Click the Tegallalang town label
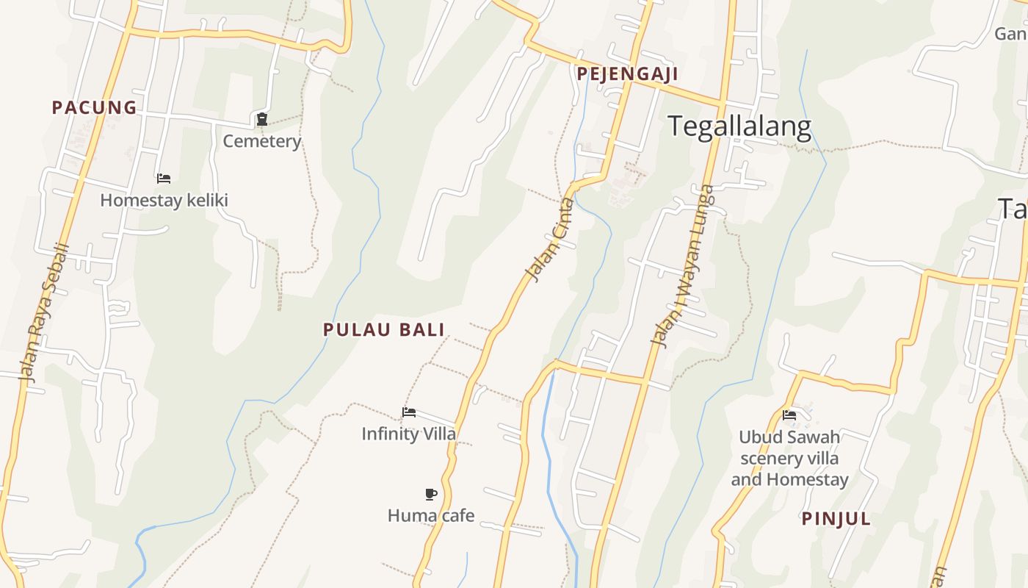click(x=739, y=126)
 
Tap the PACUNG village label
click(x=94, y=107)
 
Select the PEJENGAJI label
click(x=627, y=73)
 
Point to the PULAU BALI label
click(x=384, y=329)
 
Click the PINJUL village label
click(x=836, y=519)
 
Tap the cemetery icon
click(x=261, y=119)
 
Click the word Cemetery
click(x=262, y=141)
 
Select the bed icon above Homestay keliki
click(x=164, y=179)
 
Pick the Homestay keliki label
click(x=164, y=200)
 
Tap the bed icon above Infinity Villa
click(x=409, y=412)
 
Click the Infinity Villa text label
click(x=408, y=434)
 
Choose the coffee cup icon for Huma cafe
click(x=431, y=494)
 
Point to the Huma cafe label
click(x=431, y=515)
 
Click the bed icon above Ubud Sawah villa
click(x=789, y=415)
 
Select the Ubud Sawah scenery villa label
click(x=789, y=448)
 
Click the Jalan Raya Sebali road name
click(x=43, y=312)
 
